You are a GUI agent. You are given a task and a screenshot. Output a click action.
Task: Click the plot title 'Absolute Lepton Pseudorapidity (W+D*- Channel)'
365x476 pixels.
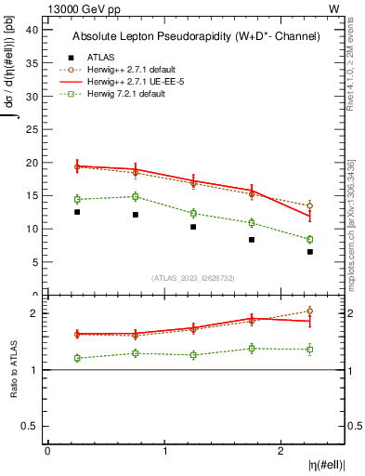point(195,36)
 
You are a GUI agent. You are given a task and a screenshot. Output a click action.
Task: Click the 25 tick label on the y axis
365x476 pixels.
point(31,129)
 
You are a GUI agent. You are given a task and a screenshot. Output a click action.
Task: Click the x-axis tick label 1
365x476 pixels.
point(165,451)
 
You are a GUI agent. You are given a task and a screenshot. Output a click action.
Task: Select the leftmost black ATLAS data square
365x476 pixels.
point(77,212)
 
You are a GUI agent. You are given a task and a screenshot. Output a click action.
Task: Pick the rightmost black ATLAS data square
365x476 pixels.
point(310,252)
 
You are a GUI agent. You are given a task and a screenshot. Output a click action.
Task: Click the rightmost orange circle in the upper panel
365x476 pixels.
point(310,205)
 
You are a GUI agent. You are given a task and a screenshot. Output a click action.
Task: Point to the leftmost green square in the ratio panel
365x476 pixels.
point(77,358)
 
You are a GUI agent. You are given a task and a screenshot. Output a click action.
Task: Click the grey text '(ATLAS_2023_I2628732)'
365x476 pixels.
point(193,278)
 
